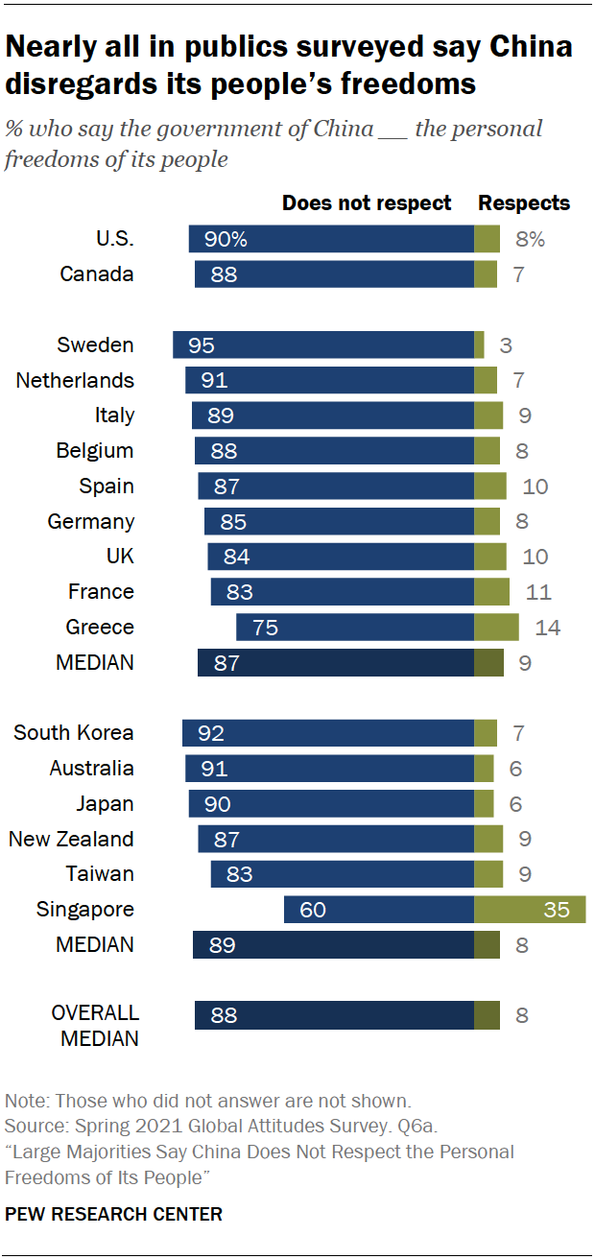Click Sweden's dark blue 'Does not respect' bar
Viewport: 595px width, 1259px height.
(x=323, y=344)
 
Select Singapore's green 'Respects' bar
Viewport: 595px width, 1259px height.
(x=530, y=909)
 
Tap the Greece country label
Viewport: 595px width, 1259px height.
(x=100, y=628)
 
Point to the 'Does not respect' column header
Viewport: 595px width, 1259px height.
(x=366, y=203)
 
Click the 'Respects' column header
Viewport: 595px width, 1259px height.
(x=524, y=203)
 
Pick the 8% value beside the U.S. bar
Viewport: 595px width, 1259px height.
(x=529, y=240)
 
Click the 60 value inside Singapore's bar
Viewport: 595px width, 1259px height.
(x=313, y=910)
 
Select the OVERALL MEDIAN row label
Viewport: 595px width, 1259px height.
(x=95, y=1025)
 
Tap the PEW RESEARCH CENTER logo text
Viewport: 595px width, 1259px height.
(x=113, y=1214)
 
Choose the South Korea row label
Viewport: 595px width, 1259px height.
(x=74, y=733)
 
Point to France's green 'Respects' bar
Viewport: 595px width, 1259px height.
(x=491, y=592)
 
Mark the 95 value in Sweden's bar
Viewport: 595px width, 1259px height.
(x=202, y=345)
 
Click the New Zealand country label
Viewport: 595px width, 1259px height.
(x=71, y=839)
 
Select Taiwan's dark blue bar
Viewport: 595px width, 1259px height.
(x=343, y=874)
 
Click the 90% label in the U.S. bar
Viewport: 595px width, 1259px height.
(x=226, y=240)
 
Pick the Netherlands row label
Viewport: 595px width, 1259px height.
(x=75, y=381)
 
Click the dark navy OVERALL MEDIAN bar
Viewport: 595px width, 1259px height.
(x=334, y=1015)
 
